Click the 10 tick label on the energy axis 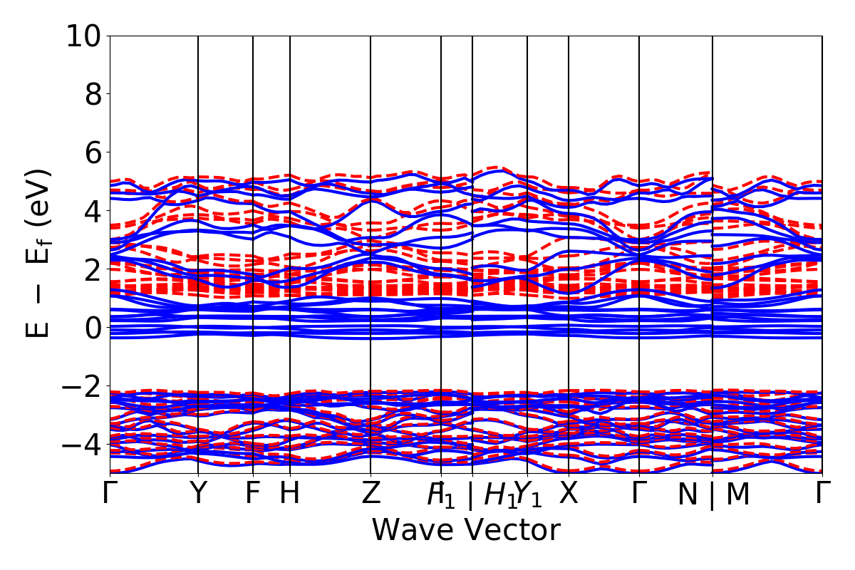click(85, 36)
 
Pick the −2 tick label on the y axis click(85, 386)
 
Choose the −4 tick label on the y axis click(85, 445)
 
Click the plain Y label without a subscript click(198, 493)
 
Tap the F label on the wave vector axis click(252, 493)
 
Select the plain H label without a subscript click(289, 493)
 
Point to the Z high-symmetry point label click(370, 493)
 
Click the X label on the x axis click(569, 493)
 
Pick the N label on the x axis click(687, 494)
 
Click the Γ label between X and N click(639, 493)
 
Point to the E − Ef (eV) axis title click(40, 253)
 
